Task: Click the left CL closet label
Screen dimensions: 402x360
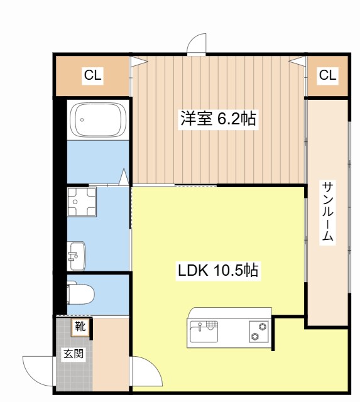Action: pos(92,76)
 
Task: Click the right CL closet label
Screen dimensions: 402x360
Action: pos(327,76)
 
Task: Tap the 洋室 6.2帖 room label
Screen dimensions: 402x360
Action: pos(219,119)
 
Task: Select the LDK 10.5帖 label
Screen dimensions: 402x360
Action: pos(218,271)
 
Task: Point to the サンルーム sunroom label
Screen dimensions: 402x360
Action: pos(328,212)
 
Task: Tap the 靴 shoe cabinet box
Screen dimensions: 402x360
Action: pos(80,327)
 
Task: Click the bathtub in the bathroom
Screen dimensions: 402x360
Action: pos(99,119)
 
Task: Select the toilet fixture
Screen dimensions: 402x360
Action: pos(81,293)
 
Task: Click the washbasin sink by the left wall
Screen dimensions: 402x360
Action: pos(77,256)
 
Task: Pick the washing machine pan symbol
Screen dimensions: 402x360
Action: pos(80,202)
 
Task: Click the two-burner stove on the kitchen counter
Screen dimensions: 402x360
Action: pos(258,331)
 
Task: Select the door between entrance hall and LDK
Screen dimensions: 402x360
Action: pos(146,372)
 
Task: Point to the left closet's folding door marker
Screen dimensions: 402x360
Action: pos(138,62)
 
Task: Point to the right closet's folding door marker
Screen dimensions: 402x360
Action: pos(298,62)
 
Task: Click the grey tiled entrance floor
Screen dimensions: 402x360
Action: pos(74,371)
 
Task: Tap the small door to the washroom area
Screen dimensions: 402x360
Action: pos(124,177)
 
